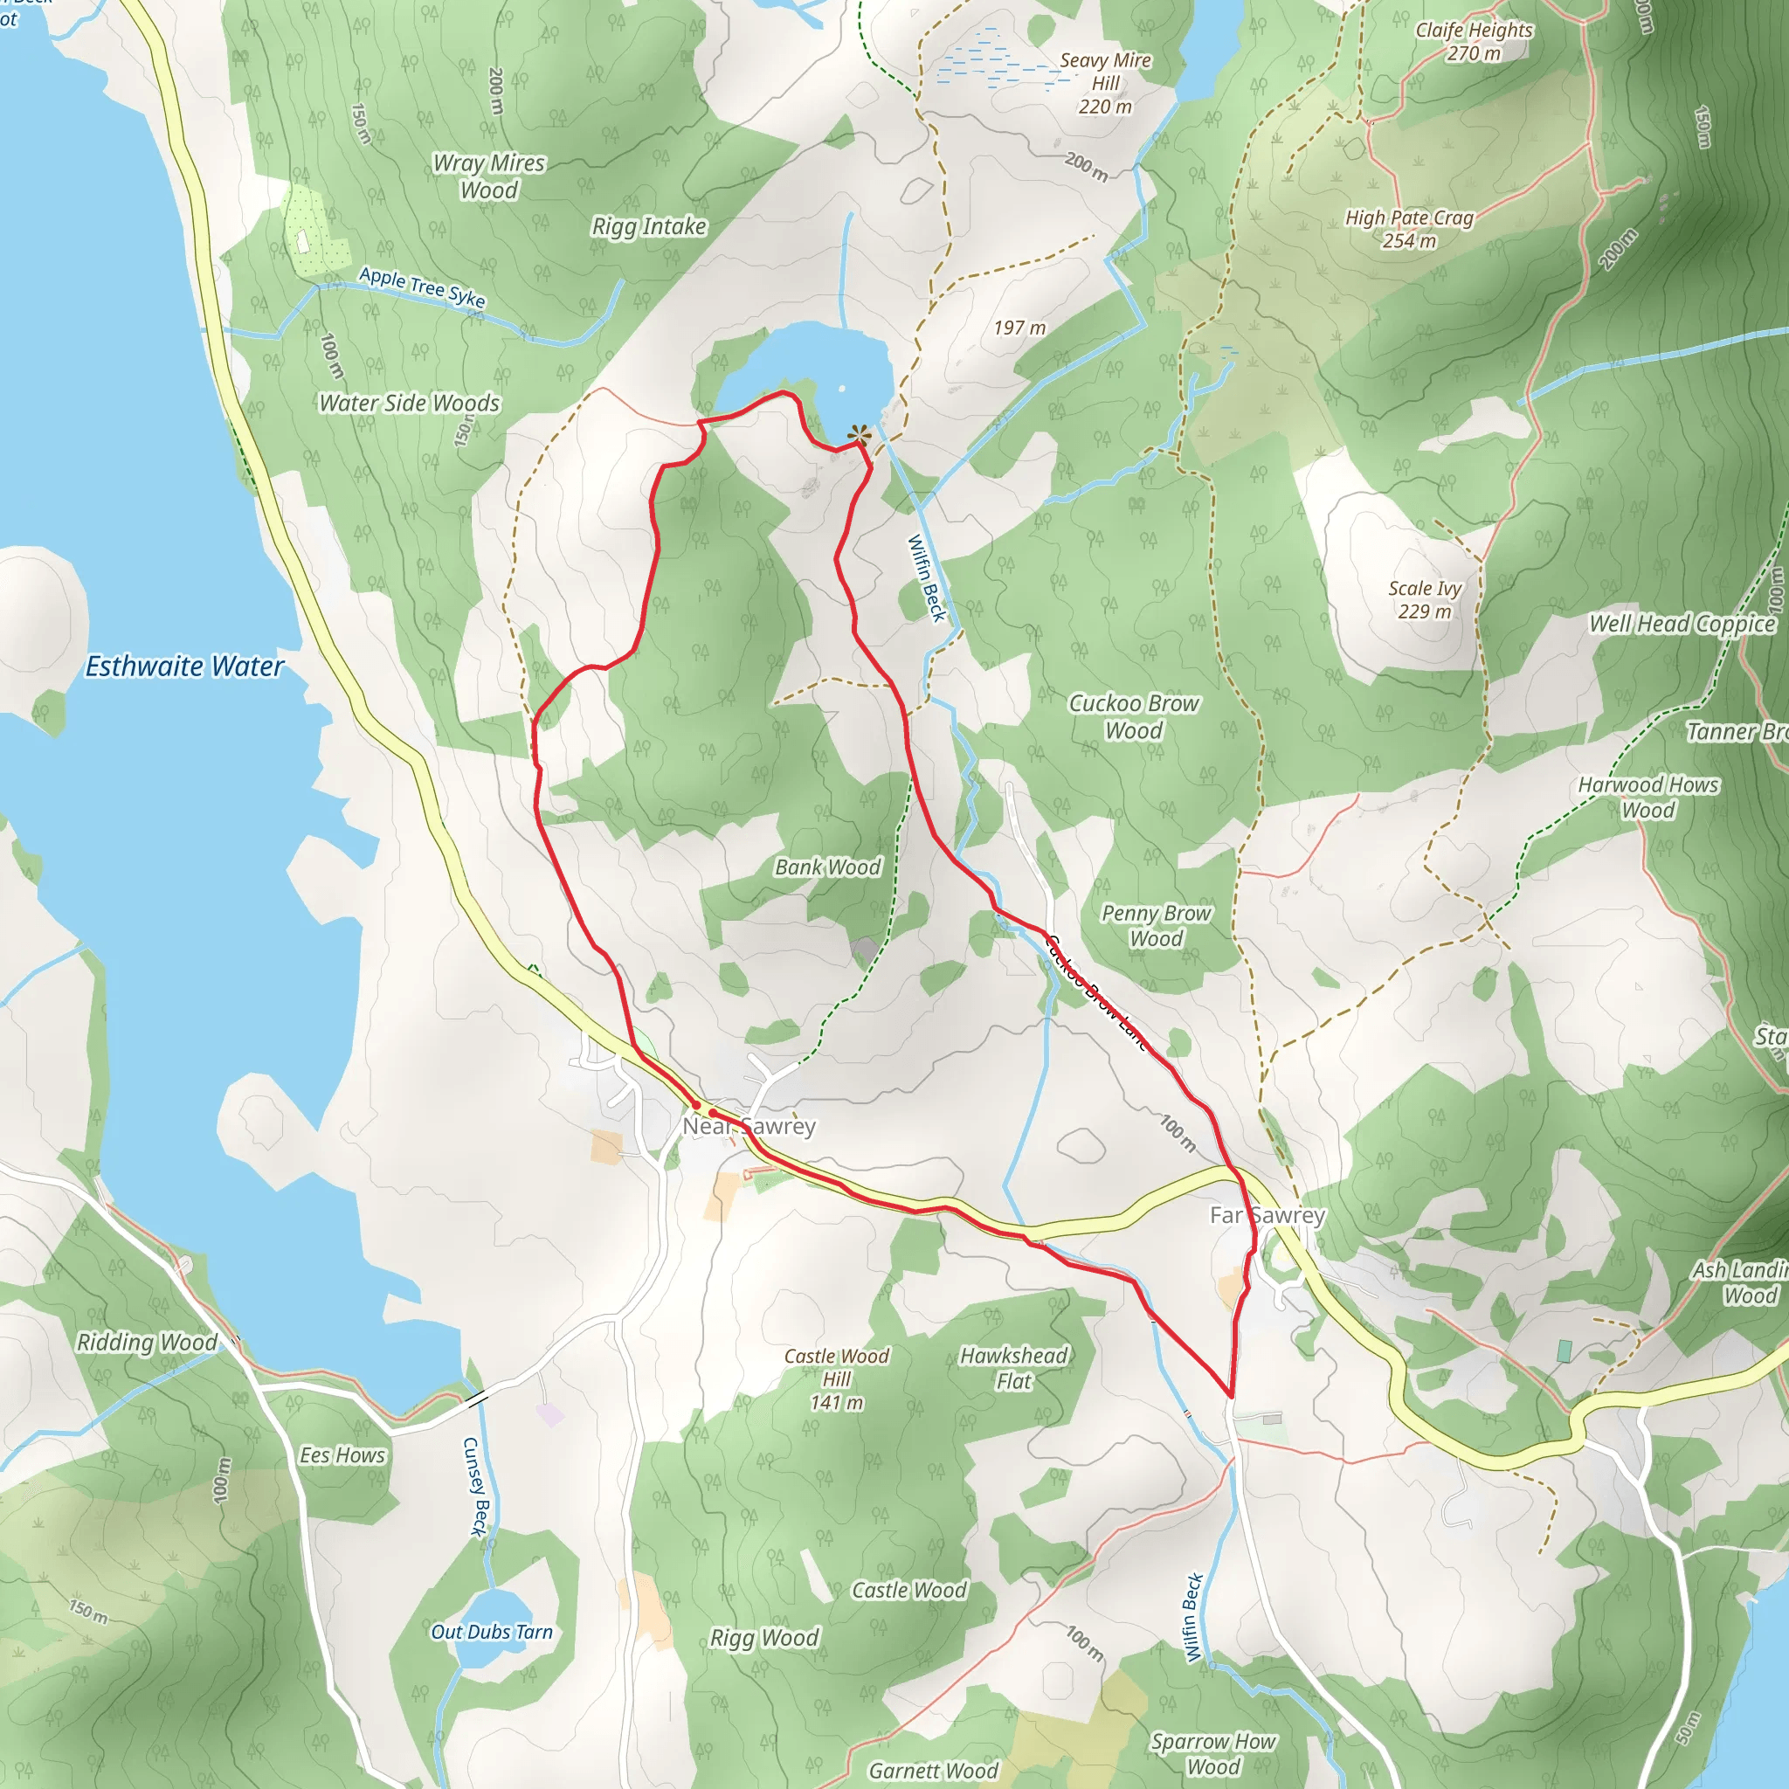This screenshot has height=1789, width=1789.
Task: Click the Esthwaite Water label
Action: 184,666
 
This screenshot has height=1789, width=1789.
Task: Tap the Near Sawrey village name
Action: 749,1126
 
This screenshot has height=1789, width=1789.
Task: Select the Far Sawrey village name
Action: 1267,1215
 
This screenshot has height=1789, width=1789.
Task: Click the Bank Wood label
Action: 828,867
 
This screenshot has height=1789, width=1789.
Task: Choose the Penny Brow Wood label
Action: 1156,925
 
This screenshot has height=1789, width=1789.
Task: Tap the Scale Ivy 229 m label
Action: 1424,599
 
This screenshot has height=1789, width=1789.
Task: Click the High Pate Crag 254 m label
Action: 1408,229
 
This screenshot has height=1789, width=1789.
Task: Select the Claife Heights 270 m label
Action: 1474,42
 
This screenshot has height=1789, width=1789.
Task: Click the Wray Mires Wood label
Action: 489,176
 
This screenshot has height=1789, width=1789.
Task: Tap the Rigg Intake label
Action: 649,227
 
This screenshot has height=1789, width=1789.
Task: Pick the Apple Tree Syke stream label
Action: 422,287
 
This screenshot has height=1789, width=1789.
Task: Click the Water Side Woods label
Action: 410,403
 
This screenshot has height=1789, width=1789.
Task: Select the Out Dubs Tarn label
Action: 492,1632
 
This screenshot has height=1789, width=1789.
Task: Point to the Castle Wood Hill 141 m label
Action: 836,1378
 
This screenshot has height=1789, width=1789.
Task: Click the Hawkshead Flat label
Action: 1013,1368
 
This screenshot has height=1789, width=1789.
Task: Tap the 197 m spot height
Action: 1019,328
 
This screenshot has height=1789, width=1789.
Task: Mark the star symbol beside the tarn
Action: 860,433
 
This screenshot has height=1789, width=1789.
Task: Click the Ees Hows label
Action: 342,1454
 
